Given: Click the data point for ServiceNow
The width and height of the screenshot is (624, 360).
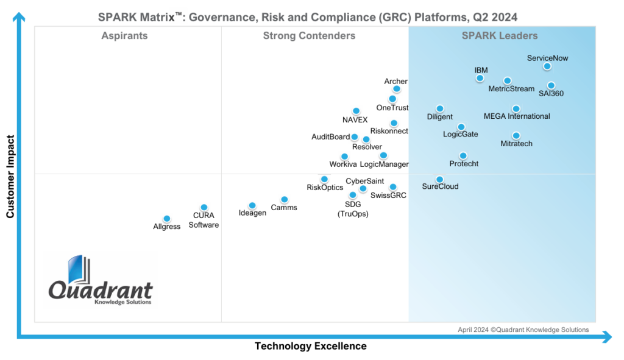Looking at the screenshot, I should pos(547,66).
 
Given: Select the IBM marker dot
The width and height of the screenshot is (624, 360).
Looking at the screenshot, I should pos(480,78).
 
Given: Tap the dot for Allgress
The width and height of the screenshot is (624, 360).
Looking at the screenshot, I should pos(167,219).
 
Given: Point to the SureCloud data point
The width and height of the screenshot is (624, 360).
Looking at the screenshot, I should pos(440,180).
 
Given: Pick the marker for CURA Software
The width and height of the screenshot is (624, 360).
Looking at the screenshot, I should pos(204,208).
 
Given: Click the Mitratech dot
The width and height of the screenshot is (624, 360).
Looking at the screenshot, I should pos(516,136).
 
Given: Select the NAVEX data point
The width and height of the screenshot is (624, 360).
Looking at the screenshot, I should pos(356,111).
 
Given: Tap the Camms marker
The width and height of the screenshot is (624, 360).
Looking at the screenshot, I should pos(284,200).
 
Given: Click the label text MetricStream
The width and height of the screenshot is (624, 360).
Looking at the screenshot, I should pos(511,89).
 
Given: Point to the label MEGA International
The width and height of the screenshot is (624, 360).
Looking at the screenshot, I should pos(517,116).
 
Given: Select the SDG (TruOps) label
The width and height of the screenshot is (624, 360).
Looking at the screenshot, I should pos(353,209).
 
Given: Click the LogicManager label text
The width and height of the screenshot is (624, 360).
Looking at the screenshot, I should pos(385,164).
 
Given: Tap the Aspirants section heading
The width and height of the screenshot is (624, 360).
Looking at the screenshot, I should pos(124,36).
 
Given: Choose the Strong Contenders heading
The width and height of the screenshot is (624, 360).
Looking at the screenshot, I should pos(309,36).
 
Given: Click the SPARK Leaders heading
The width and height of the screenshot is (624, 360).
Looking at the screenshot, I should pos(500,36).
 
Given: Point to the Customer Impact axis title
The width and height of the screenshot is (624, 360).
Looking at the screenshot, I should pos(10,177).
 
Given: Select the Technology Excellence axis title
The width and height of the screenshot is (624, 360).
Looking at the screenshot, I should pos(311,346).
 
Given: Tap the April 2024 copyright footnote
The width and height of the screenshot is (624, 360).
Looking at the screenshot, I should pos(523,330).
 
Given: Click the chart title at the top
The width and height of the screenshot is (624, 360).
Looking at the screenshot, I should pos(308,17).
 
